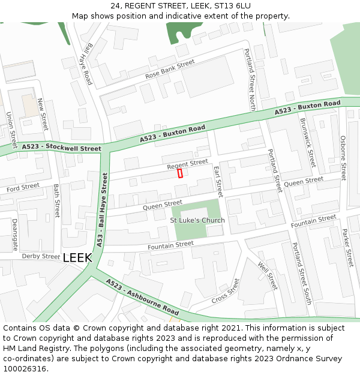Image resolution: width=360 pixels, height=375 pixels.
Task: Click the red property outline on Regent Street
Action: pos(180,173)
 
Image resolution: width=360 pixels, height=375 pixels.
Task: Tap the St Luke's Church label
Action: pos(197,220)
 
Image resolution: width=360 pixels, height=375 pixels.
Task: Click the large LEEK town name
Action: pos(77,257)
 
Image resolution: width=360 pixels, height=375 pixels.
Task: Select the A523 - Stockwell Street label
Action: pos(61,148)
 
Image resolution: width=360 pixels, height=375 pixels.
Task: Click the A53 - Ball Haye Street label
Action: pos(101,210)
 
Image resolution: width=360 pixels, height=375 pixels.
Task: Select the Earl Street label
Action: pos(218,182)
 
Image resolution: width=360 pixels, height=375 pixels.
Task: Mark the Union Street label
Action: pos(11,130)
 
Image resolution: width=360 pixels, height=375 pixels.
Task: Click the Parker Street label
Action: pos(347,248)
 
